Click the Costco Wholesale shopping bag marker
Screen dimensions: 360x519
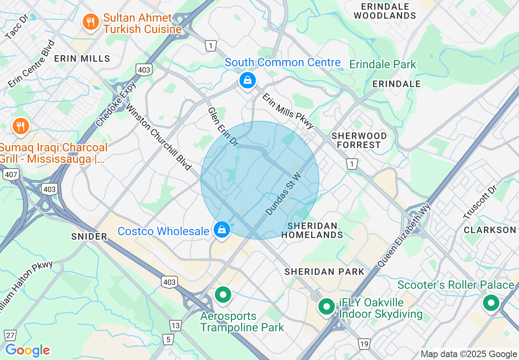click(221, 230)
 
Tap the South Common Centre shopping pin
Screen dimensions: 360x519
click(248, 81)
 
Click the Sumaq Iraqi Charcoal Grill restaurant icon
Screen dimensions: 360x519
click(20, 126)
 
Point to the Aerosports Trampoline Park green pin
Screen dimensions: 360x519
click(223, 295)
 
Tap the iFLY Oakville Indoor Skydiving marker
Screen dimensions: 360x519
click(327, 306)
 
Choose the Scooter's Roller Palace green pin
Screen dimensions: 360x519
click(491, 304)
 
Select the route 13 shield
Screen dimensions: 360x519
click(176, 326)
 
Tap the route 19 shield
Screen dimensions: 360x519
click(364, 344)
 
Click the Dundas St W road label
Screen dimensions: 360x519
click(283, 193)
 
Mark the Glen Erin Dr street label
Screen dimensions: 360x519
click(223, 127)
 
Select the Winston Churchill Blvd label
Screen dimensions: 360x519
click(158, 137)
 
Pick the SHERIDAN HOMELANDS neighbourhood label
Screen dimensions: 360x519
click(312, 230)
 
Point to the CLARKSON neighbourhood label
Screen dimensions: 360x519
click(490, 230)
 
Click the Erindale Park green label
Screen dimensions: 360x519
click(382, 65)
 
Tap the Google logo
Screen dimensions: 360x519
click(27, 350)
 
